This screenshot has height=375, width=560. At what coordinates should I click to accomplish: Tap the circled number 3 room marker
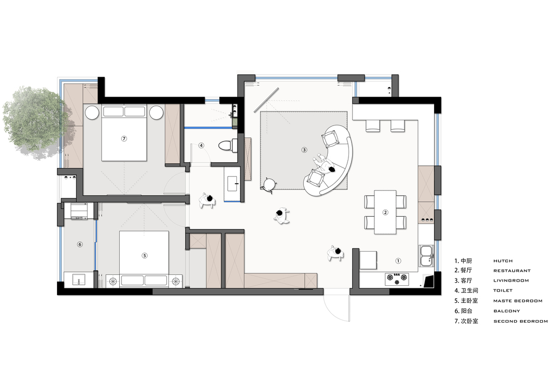(304, 150)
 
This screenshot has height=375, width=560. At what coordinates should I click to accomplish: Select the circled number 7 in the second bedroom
(124, 138)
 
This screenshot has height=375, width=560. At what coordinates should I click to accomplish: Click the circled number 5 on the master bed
(145, 255)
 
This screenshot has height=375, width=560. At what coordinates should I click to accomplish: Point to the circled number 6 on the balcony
(80, 244)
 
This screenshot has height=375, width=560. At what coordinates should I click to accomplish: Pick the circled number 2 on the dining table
(385, 212)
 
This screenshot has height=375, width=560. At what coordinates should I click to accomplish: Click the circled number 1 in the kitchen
(398, 261)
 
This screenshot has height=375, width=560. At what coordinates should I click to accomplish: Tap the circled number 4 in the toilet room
(201, 145)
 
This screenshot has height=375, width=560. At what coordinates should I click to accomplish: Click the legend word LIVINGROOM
(511, 281)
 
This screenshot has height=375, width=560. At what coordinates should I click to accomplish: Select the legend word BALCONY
(507, 311)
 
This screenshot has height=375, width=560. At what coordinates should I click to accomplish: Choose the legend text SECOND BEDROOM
(521, 322)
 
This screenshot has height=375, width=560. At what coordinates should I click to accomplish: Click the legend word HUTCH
(503, 261)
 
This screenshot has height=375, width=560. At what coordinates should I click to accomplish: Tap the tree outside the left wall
(34, 121)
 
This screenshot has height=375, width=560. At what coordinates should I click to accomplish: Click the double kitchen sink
(426, 256)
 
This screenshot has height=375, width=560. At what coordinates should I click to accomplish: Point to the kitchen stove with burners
(397, 279)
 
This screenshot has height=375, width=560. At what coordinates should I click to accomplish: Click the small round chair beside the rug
(268, 185)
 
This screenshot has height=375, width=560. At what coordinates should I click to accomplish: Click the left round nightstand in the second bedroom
(92, 113)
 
